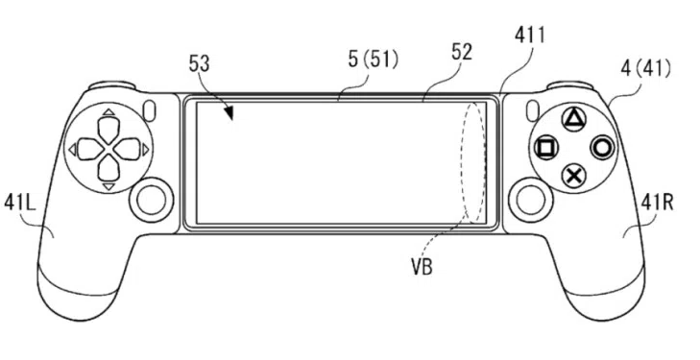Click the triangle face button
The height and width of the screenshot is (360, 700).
573,119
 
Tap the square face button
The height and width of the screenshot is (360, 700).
546,147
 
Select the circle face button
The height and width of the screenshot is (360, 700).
602,148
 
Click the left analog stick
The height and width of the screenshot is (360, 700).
151,200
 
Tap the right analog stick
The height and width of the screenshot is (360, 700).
530,200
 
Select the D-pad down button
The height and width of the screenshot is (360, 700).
109,169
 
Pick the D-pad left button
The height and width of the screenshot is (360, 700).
89,150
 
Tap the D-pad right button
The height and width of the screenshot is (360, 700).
128,150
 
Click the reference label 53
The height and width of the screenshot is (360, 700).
199,63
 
